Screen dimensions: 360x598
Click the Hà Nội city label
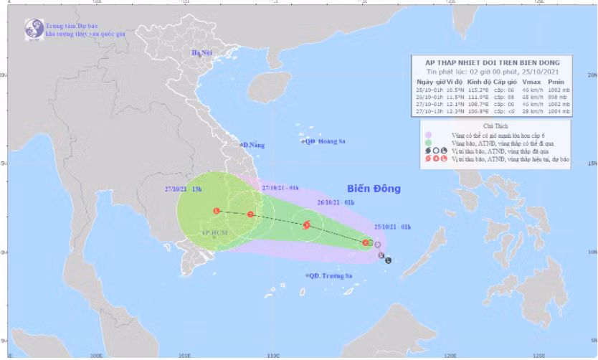coord(202,54)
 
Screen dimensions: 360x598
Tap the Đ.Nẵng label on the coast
coord(253,146)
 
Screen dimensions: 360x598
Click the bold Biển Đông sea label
coord(374,189)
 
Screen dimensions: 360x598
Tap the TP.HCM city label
coord(214,233)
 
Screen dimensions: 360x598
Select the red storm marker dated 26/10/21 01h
coord(306,225)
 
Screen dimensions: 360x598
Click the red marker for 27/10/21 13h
coord(217,211)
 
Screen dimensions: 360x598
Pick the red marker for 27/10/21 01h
coord(250,214)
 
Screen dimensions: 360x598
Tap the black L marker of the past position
coord(388,260)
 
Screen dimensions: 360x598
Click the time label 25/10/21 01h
coord(392,227)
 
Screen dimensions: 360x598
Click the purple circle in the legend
coord(428,135)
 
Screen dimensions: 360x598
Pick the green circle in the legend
coord(428,144)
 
